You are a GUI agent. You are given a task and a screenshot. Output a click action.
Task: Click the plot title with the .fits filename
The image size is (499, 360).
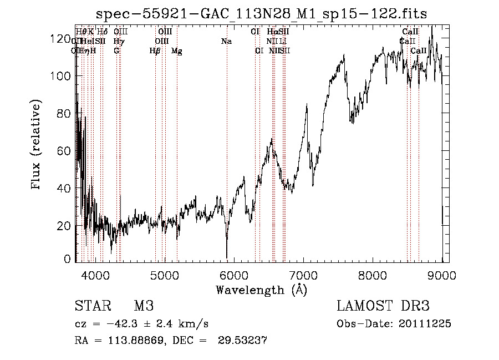click(262, 13)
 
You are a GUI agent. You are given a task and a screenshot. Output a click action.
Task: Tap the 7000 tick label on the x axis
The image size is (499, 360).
click(303, 275)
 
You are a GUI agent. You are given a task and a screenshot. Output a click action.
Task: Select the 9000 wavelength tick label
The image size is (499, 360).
click(442, 275)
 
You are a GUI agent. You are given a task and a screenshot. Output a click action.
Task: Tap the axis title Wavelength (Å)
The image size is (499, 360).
click(261, 290)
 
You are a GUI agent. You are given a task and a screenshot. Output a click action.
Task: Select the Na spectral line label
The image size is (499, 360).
click(226, 42)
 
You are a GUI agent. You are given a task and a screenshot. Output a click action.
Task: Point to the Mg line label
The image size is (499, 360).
click(177, 51)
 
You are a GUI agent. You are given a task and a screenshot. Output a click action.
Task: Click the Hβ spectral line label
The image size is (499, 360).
click(155, 51)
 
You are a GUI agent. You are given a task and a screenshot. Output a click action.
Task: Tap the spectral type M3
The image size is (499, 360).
click(144, 306)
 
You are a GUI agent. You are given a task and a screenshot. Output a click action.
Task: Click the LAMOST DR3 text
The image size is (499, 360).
click(383, 306)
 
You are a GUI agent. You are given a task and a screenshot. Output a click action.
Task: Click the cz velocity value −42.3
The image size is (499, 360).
click(131, 324)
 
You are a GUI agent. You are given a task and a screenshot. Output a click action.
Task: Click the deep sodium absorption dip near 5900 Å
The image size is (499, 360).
click(227, 252)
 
